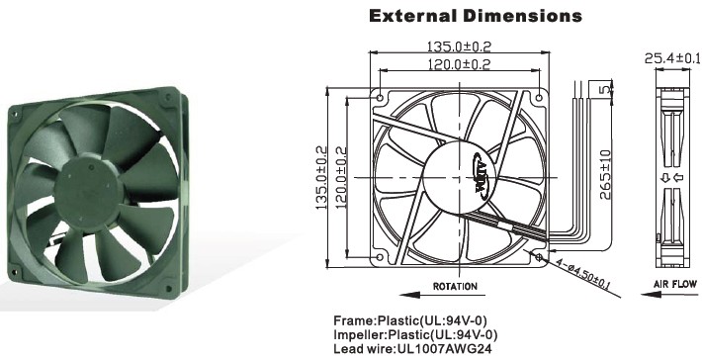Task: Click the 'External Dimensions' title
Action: coord(476,16)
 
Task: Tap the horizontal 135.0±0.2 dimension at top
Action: coord(460,46)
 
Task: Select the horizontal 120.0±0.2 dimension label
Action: coord(460,64)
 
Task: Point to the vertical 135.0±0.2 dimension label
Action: coord(321,178)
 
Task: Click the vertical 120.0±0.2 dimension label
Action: coord(341,178)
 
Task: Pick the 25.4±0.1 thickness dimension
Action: coord(672,58)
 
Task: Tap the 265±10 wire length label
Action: coord(605,175)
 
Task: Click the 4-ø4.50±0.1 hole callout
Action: coord(583,274)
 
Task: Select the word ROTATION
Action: coord(455,286)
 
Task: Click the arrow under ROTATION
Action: coord(442,295)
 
